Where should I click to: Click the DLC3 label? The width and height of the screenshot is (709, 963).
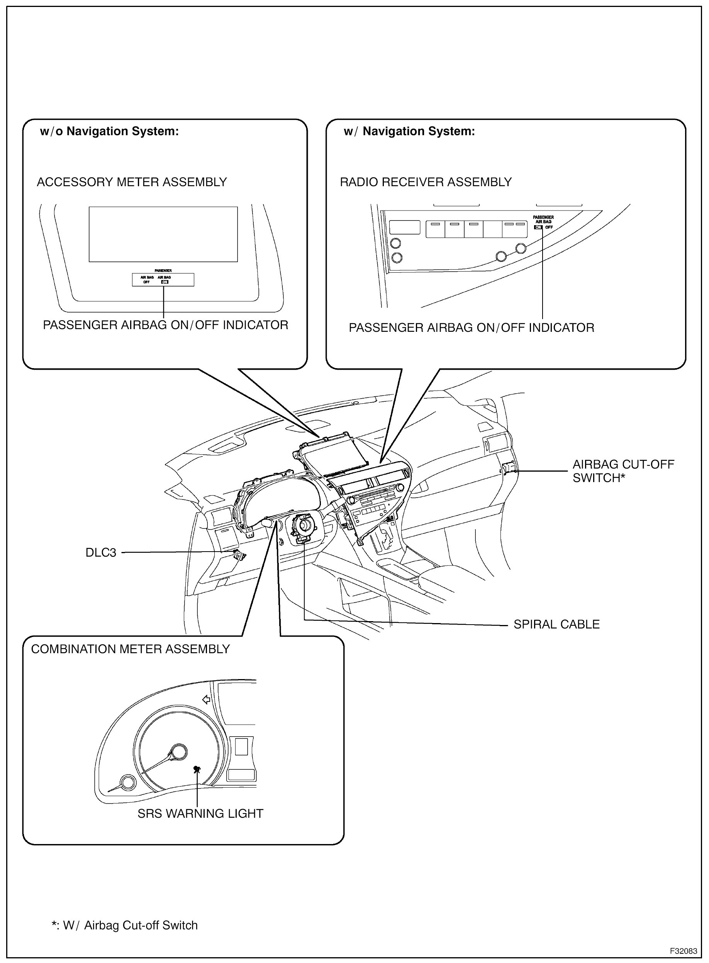click(x=101, y=552)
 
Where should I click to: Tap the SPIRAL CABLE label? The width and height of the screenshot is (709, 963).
click(x=556, y=624)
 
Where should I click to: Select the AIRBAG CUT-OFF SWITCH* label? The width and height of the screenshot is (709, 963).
click(x=623, y=471)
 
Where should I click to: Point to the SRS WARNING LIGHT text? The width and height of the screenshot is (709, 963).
click(x=200, y=814)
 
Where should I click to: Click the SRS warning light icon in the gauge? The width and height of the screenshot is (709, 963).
click(x=197, y=769)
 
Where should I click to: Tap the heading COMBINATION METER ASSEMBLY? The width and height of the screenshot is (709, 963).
click(x=131, y=649)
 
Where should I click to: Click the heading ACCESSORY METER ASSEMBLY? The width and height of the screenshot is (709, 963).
click(x=132, y=182)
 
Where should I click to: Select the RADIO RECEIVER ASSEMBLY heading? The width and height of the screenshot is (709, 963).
click(x=426, y=182)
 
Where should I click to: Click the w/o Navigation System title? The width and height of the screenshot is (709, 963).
click(x=109, y=131)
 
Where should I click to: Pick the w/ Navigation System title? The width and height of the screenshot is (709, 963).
click(x=409, y=131)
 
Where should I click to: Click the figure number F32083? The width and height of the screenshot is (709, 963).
click(x=683, y=951)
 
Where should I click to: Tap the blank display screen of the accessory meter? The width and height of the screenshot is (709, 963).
click(x=163, y=234)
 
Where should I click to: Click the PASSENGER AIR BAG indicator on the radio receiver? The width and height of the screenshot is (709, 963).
click(x=543, y=222)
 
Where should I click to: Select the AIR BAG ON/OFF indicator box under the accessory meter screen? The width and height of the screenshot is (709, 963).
click(x=163, y=280)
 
